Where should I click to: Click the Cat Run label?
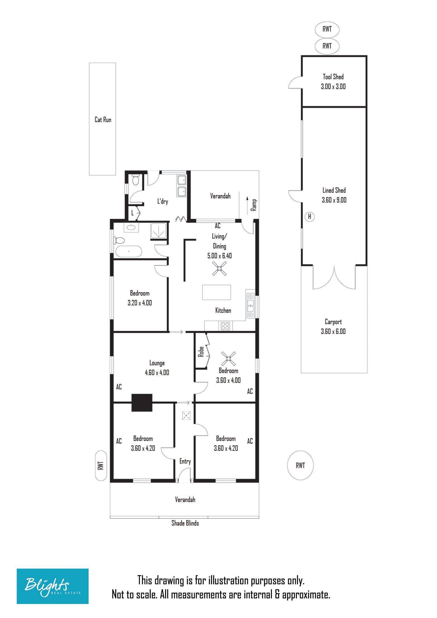click(103, 120)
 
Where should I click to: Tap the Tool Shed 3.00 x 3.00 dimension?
click(333, 86)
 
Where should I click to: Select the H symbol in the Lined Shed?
click(309, 216)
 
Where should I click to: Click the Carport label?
click(333, 322)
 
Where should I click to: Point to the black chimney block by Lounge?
click(142, 403)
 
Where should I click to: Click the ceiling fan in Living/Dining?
click(219, 268)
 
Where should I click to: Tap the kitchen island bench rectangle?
click(217, 292)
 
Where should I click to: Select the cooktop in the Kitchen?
click(225, 326)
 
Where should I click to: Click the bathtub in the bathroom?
click(129, 251)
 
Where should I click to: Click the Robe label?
click(201, 351)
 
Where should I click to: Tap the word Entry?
click(185, 461)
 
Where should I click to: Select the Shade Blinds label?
click(185, 523)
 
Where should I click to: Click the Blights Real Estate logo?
click(52, 586)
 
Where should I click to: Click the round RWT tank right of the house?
click(300, 465)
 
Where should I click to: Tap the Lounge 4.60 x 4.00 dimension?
click(157, 372)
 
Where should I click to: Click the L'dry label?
click(163, 201)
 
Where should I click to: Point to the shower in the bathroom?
click(159, 231)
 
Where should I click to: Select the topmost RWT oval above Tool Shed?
click(327, 29)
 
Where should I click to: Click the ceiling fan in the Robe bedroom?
click(228, 359)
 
